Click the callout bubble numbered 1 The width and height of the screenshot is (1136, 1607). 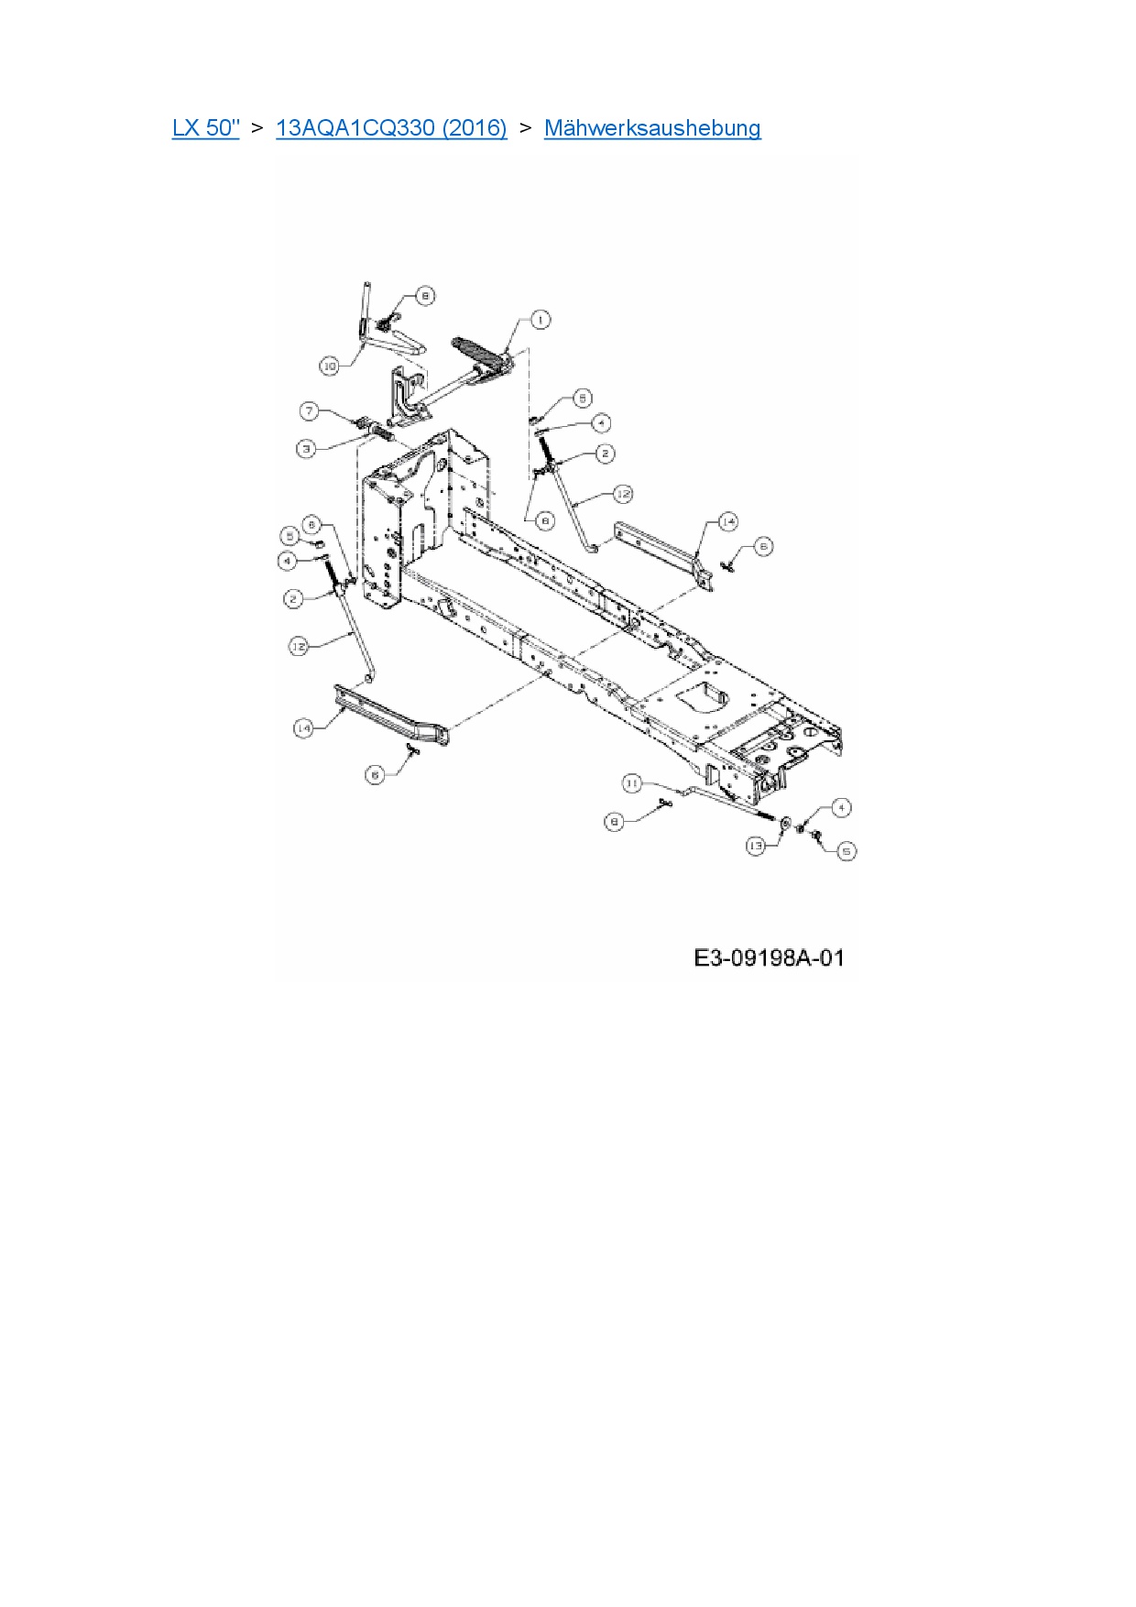[x=541, y=320]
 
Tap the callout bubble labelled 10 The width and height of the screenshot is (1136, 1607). [x=330, y=366]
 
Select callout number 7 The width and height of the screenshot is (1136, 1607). [x=311, y=411]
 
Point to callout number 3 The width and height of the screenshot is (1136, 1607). [x=306, y=449]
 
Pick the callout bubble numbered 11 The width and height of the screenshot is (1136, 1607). [x=632, y=783]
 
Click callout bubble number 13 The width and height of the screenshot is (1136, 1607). [x=756, y=846]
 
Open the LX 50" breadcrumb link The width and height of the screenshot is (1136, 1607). [x=205, y=127]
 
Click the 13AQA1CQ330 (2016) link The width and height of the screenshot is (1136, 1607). [x=391, y=127]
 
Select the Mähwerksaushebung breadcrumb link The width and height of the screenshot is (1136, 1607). [x=652, y=127]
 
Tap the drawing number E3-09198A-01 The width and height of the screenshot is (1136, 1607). [x=769, y=958]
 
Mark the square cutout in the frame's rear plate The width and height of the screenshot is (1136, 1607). [x=703, y=694]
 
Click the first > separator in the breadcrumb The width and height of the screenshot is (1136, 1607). [x=257, y=127]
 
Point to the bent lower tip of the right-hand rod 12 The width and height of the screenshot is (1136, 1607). [x=592, y=548]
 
